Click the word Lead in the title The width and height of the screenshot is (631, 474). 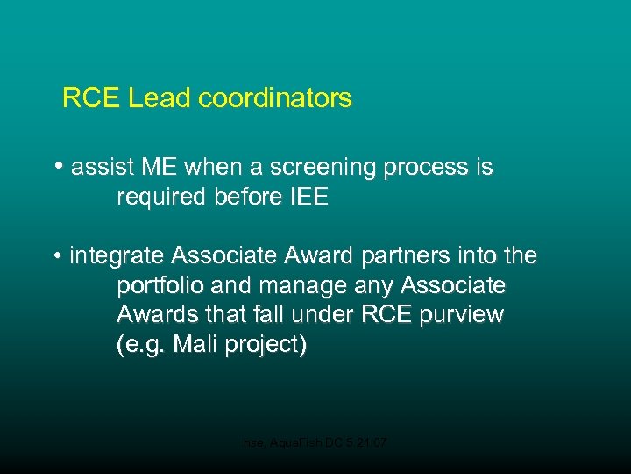pos(160,97)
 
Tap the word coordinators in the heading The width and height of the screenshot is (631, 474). pos(275,97)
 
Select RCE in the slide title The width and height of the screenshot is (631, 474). pos(91,97)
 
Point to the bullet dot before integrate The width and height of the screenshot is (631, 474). pos(57,257)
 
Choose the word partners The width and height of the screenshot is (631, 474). pos(382,256)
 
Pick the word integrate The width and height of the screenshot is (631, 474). pos(117,256)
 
